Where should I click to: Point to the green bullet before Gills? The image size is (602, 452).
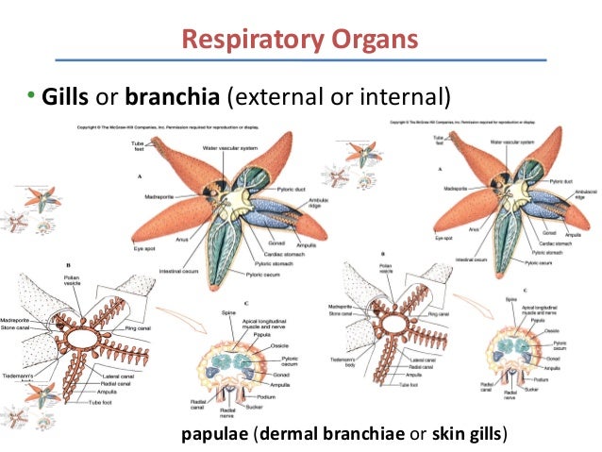pyautogui.click(x=29, y=96)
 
